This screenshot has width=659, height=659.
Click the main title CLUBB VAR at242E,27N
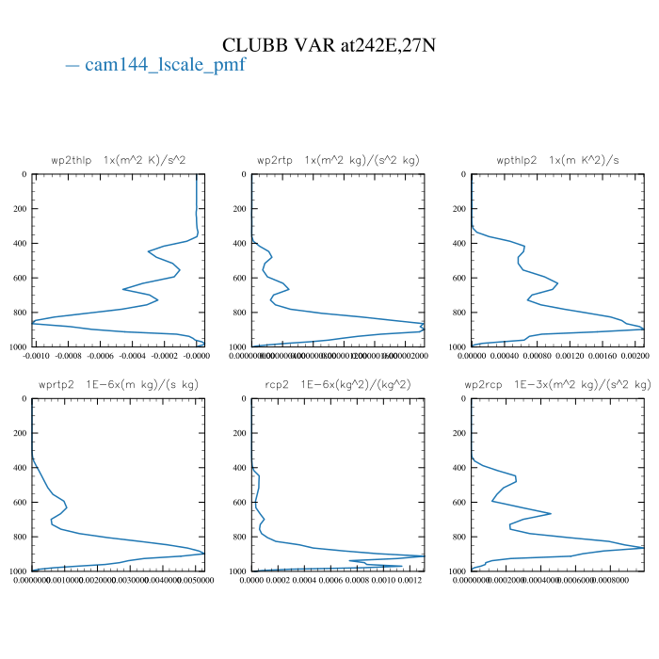click(x=329, y=45)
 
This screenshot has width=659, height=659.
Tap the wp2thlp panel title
click(x=119, y=161)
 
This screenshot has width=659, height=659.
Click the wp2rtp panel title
click(x=338, y=161)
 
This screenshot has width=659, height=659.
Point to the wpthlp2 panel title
click(x=557, y=161)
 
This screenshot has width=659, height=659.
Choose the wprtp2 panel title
click(x=119, y=385)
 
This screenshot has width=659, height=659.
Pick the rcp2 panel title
click(x=338, y=385)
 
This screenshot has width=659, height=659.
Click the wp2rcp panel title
click(x=557, y=385)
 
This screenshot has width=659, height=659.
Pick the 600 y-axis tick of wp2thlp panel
click(x=20, y=278)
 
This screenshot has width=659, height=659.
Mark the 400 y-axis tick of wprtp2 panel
click(x=20, y=468)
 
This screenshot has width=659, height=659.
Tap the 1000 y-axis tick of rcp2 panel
click(x=237, y=571)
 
